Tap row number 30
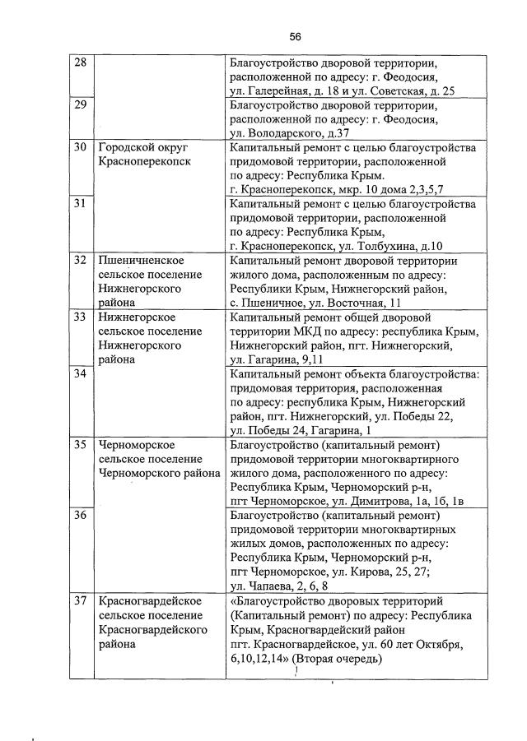pos(80,148)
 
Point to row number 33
pos(80,317)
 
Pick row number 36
pos(80,515)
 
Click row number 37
pos(80,600)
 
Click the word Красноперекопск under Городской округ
pos(144,162)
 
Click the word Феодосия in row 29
pos(403,119)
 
